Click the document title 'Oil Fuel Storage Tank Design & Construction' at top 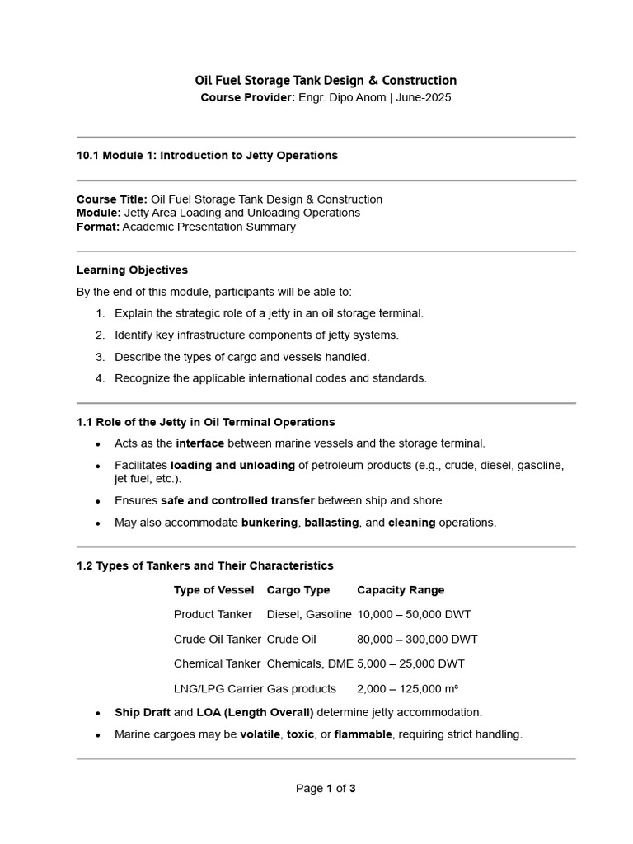[326, 80]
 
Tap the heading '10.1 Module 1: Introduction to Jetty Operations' [207, 155]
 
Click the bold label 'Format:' [98, 227]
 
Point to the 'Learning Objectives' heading [132, 270]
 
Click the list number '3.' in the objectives [100, 357]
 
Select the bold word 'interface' [200, 443]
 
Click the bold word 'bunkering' [270, 523]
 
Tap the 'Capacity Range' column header [401, 590]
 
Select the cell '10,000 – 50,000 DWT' [414, 614]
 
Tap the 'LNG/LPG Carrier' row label [216, 688]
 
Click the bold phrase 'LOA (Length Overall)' [255, 712]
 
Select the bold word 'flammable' [363, 734]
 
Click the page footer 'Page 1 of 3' [326, 788]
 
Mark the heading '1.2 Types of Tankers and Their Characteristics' [205, 565]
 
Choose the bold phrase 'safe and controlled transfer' [237, 500]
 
